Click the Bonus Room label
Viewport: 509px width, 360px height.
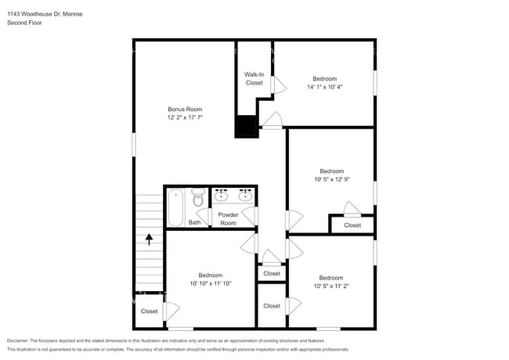point(185,109)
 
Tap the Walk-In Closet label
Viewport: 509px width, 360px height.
point(254,78)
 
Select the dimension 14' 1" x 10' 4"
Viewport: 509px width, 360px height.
point(324,87)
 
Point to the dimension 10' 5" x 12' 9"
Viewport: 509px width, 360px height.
point(331,179)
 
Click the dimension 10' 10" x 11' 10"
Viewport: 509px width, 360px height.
point(211,283)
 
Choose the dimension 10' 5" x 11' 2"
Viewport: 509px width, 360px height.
point(330,286)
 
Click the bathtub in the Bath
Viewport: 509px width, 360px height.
point(176,207)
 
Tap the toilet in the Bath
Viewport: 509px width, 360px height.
point(198,199)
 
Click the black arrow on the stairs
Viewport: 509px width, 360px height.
point(149,239)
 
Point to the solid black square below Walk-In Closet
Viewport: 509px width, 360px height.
point(247,127)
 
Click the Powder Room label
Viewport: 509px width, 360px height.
point(228,218)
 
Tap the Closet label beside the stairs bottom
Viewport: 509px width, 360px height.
point(149,311)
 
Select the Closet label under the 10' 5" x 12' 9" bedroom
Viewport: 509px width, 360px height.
point(352,225)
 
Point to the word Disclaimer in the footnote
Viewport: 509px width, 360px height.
point(20,341)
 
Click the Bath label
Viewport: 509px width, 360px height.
point(194,222)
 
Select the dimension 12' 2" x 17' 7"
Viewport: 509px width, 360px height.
point(185,117)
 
